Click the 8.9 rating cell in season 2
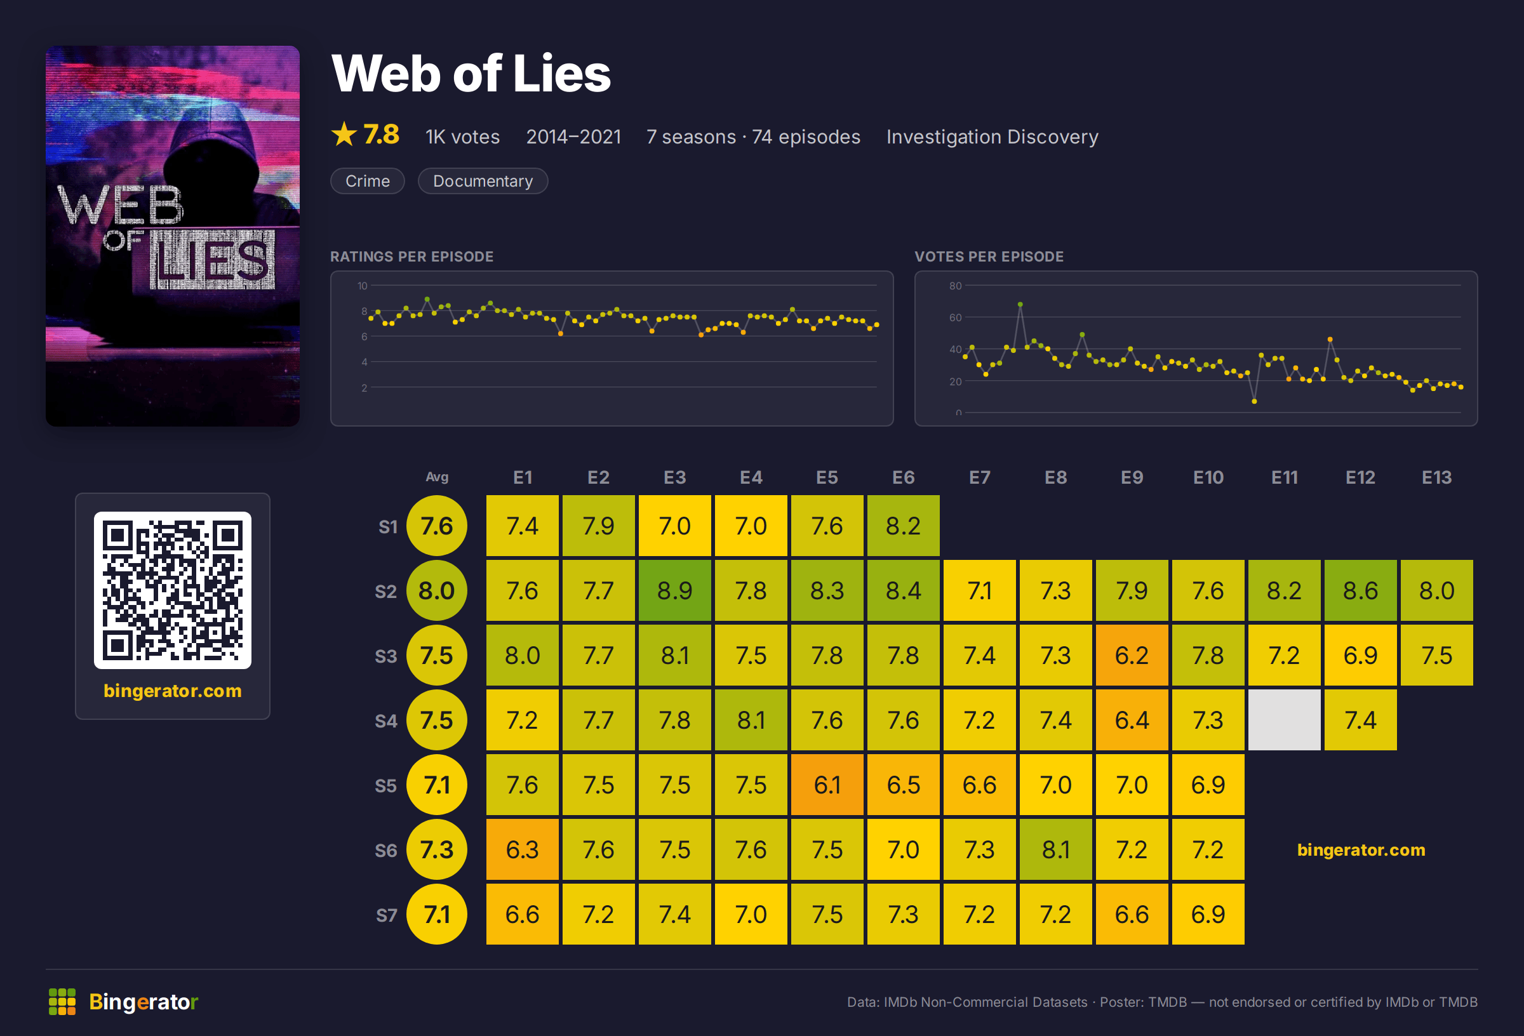pos(675,590)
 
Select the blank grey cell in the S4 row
pos(1284,720)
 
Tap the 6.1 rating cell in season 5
pos(827,785)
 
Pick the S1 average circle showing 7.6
pos(437,526)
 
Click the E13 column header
pos(1436,477)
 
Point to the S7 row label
pos(386,915)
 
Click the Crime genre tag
pos(367,181)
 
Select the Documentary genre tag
pos(483,181)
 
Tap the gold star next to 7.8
pos(344,135)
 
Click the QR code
pos(173,590)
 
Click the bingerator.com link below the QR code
pos(173,691)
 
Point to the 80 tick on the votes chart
pos(956,286)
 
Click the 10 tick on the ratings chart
pos(363,286)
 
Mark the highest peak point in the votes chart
pos(1020,304)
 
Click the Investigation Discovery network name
pos(992,136)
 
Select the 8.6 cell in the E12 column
pos(1360,590)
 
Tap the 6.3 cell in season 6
pos(522,850)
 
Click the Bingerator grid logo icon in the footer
pos(62,1002)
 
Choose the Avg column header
pos(437,477)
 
